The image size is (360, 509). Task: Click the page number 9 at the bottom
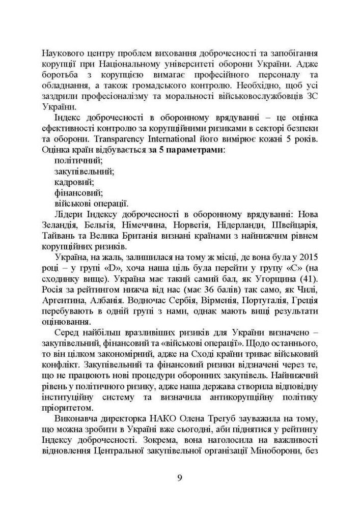click(180, 477)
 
